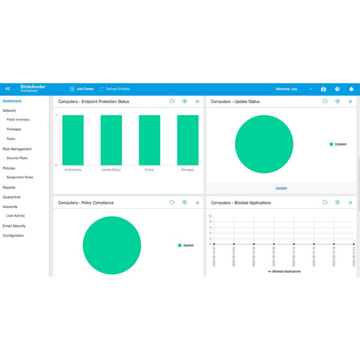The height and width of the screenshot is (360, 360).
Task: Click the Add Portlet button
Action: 82,89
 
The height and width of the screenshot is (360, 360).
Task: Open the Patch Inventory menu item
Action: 18,120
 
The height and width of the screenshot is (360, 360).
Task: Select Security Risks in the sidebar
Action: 17,158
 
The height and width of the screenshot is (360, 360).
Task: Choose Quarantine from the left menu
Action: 11,197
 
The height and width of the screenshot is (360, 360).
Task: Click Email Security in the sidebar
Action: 14,226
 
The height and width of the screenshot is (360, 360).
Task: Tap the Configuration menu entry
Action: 13,235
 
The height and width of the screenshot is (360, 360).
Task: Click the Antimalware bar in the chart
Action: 73,140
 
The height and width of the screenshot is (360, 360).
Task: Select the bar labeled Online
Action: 149,140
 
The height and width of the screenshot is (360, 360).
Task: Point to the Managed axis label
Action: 187,170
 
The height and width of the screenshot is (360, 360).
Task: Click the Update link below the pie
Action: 281,188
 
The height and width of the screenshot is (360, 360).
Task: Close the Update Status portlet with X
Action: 351,102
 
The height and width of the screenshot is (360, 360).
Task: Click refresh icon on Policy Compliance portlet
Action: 172,203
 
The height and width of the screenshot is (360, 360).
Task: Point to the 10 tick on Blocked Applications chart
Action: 210,216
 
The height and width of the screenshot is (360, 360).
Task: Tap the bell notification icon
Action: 351,89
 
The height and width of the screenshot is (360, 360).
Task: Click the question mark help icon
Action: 337,89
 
